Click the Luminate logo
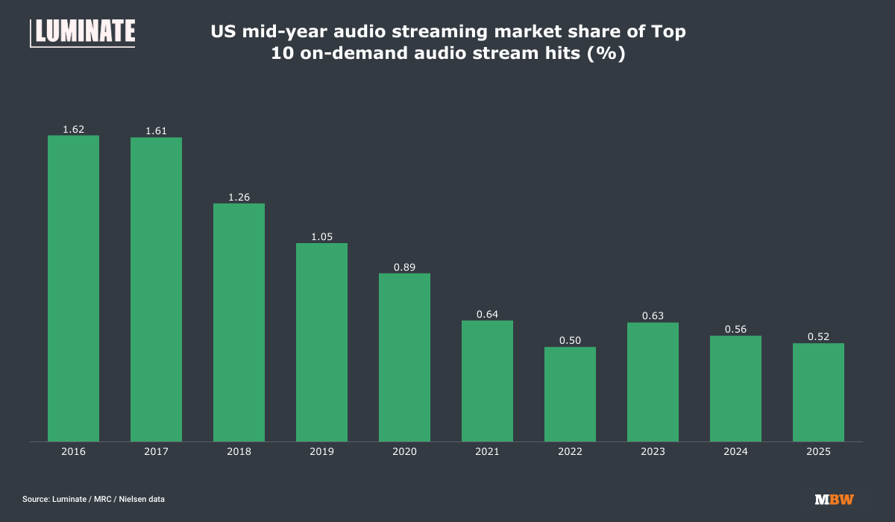click(83, 32)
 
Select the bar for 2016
click(73, 288)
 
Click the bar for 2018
click(239, 322)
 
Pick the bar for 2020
click(404, 357)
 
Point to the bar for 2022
click(570, 394)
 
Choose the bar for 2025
click(818, 392)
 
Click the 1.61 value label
click(156, 131)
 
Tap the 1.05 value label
click(321, 237)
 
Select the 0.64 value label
click(487, 315)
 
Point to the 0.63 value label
click(653, 316)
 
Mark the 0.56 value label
click(735, 330)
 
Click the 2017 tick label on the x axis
click(156, 452)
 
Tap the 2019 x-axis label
click(321, 452)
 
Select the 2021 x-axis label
click(487, 452)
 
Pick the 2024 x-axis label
click(735, 452)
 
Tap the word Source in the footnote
click(36, 499)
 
